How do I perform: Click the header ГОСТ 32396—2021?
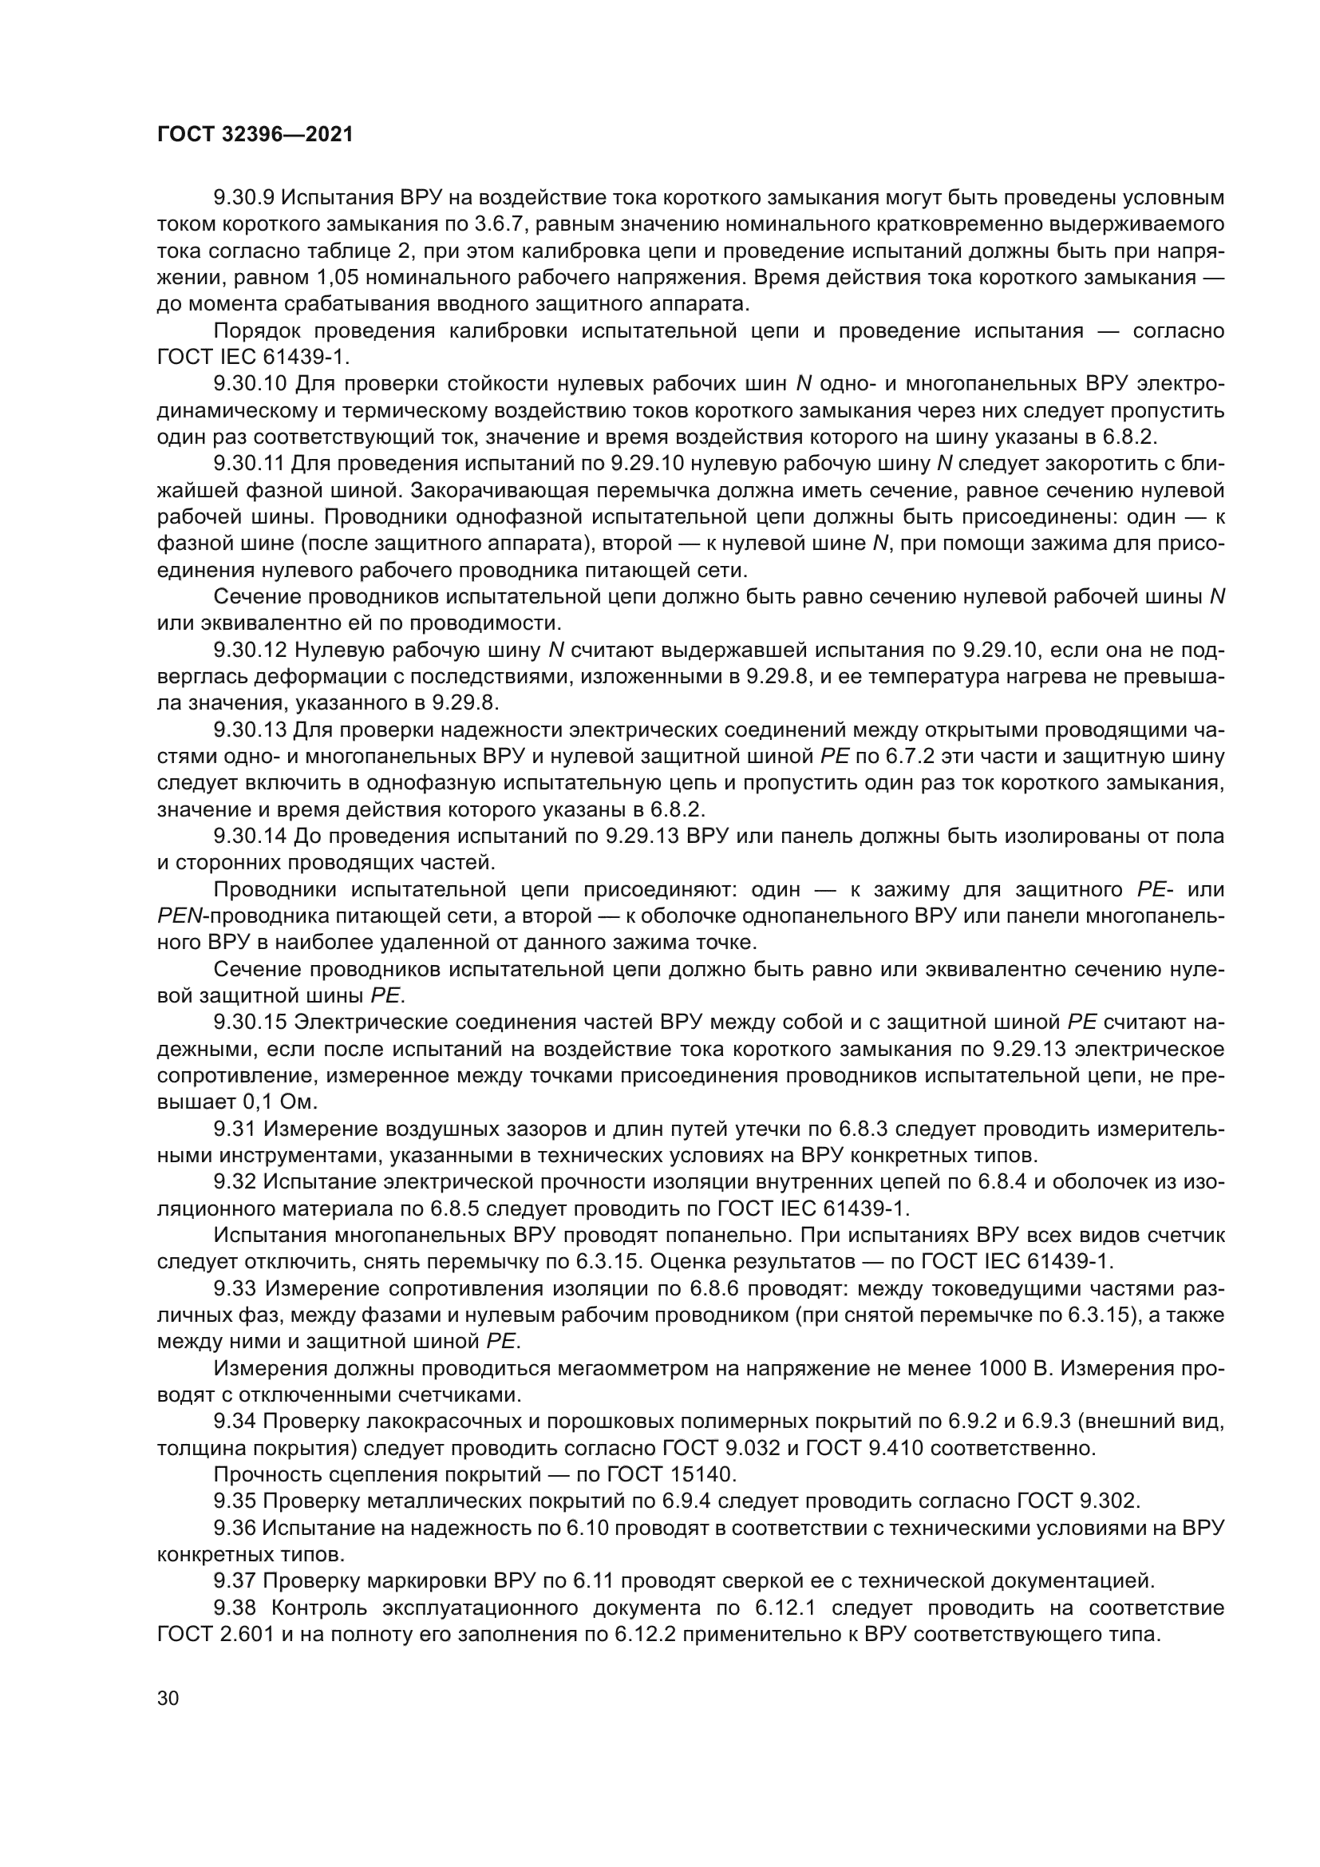255,134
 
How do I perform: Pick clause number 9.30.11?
249,464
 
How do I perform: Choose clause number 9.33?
235,1288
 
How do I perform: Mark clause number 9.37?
235,1580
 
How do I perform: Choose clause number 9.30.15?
249,1022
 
